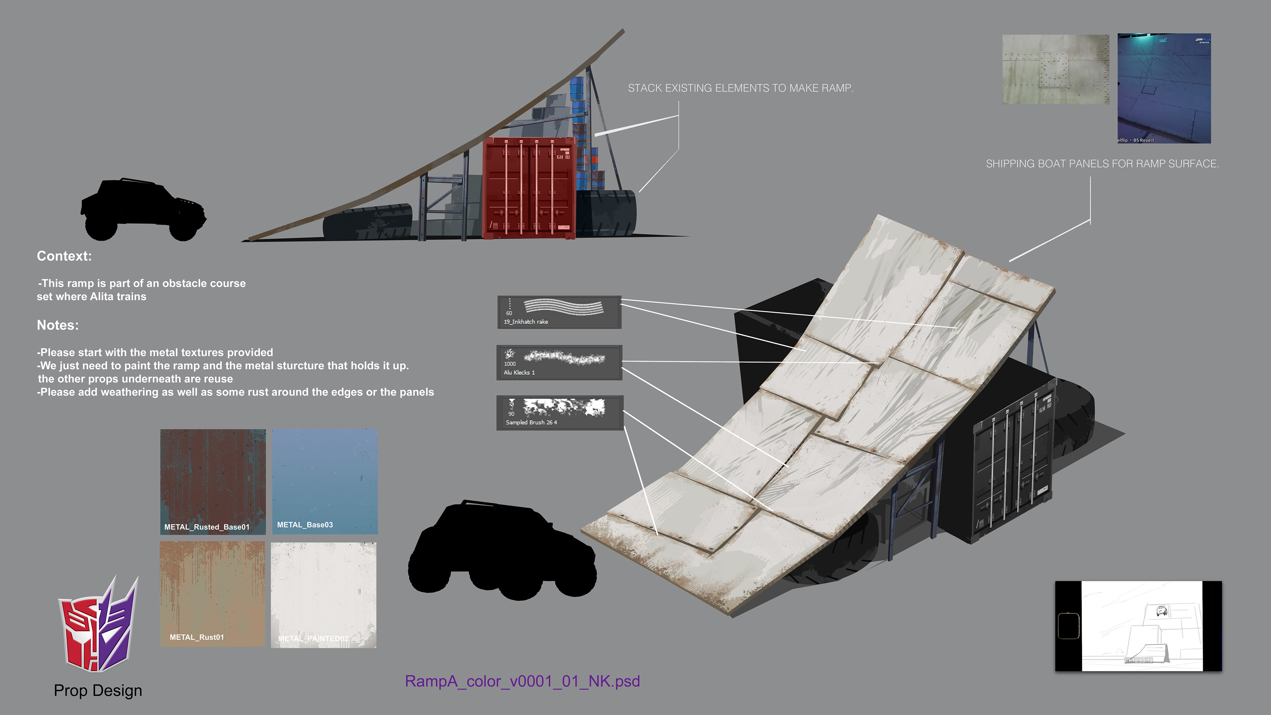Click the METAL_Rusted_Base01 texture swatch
click(212, 481)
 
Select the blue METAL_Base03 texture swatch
click(325, 481)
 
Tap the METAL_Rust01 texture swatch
click(212, 594)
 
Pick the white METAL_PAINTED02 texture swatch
click(324, 595)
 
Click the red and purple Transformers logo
click(98, 624)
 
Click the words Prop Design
click(98, 690)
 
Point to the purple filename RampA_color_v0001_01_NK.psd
click(522, 681)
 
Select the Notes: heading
click(58, 325)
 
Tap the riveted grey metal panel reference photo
click(1056, 69)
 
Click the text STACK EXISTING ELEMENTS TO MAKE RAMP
click(740, 88)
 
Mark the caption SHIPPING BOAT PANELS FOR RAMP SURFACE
click(1102, 164)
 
